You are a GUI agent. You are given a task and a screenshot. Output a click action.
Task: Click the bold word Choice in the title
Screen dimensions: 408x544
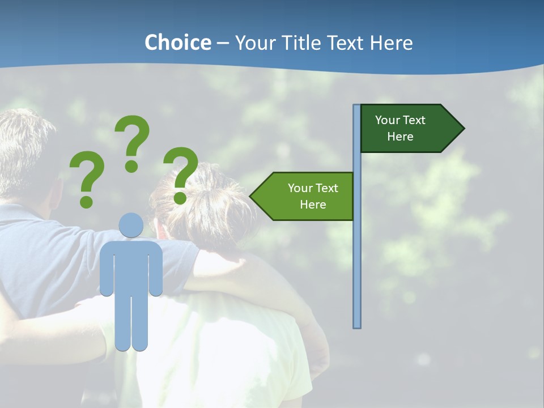(177, 42)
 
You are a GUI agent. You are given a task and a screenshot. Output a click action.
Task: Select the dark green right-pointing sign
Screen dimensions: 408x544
(408, 129)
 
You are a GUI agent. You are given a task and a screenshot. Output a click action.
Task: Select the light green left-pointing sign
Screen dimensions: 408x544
(306, 196)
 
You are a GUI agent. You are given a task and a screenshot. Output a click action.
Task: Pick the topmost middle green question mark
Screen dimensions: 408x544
(133, 139)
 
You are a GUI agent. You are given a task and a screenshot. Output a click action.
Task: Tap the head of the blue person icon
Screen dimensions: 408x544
(131, 226)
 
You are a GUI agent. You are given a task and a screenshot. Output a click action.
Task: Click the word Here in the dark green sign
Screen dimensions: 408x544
(400, 137)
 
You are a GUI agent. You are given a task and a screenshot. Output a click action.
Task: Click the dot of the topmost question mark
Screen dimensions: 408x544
(131, 166)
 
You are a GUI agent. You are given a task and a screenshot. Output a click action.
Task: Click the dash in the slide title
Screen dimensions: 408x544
(223, 44)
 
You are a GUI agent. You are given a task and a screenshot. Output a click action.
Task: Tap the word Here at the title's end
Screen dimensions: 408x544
(392, 42)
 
